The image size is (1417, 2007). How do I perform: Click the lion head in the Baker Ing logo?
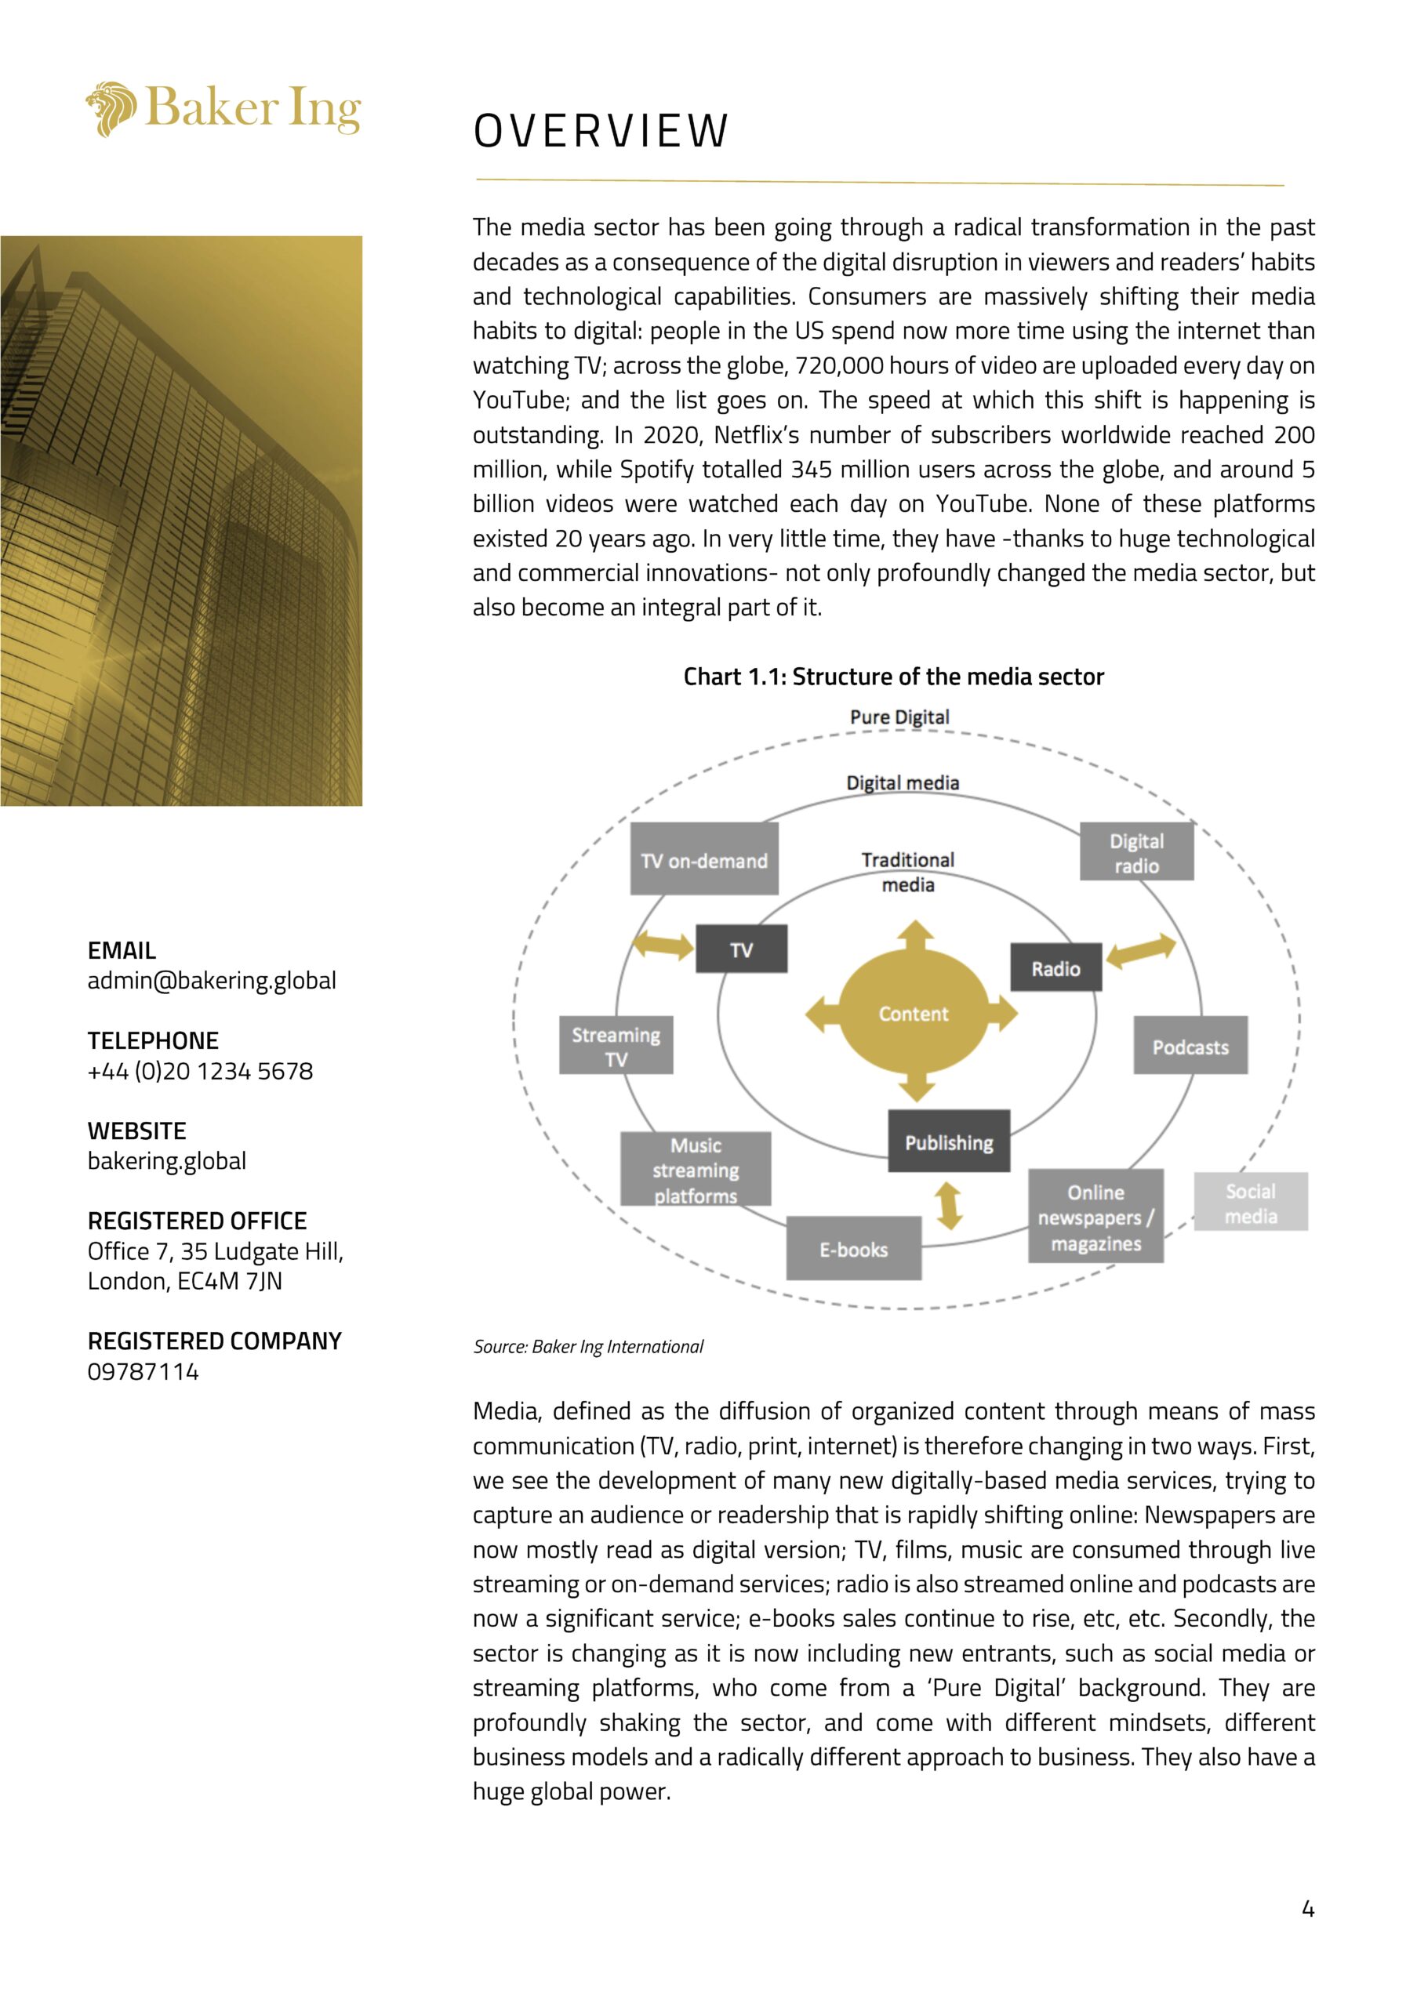pyautogui.click(x=112, y=109)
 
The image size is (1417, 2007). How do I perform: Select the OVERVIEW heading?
pyautogui.click(x=601, y=131)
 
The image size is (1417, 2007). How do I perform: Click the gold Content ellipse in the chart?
pyautogui.click(x=913, y=1013)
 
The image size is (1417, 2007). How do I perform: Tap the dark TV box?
pyautogui.click(x=741, y=949)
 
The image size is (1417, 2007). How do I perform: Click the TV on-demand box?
pyautogui.click(x=703, y=860)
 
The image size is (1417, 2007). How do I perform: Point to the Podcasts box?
pyautogui.click(x=1190, y=1047)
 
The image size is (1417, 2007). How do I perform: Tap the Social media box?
pyautogui.click(x=1250, y=1203)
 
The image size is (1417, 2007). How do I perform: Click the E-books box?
pyautogui.click(x=853, y=1249)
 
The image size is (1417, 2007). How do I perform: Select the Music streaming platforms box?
pyautogui.click(x=696, y=1170)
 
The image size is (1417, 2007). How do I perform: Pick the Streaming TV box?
pyautogui.click(x=616, y=1046)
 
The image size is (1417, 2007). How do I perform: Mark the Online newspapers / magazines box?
pyautogui.click(x=1095, y=1217)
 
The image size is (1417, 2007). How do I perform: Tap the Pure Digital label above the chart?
pyautogui.click(x=899, y=717)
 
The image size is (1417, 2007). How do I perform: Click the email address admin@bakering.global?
pyautogui.click(x=212, y=980)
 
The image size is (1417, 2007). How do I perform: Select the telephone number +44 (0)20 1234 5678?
pyautogui.click(x=200, y=1071)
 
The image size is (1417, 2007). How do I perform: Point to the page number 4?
pyautogui.click(x=1308, y=1908)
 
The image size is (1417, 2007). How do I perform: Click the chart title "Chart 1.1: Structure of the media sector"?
pyautogui.click(x=893, y=677)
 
